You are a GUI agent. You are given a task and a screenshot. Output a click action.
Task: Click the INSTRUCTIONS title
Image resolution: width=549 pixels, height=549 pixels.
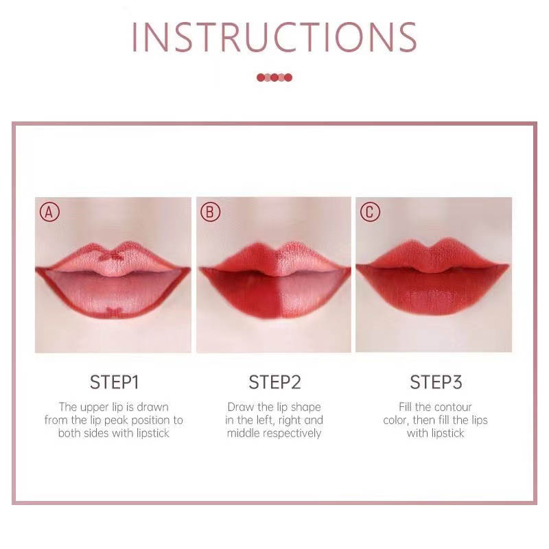tap(274, 37)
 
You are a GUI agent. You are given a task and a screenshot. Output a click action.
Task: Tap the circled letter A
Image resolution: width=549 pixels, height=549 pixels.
tap(49, 212)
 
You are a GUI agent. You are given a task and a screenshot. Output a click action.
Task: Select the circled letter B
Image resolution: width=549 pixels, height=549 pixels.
tap(210, 212)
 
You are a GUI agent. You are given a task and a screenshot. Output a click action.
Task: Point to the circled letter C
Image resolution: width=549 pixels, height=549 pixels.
tap(370, 212)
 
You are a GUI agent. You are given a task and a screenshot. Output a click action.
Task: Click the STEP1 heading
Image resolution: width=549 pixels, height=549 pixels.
tap(114, 382)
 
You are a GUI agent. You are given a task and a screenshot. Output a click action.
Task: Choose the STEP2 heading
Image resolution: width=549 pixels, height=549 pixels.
tap(274, 382)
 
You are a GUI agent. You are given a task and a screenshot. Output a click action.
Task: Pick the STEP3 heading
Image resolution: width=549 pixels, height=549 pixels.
tap(436, 382)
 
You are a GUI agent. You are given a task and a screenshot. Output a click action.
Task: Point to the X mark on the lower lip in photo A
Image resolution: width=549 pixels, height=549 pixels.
tap(113, 312)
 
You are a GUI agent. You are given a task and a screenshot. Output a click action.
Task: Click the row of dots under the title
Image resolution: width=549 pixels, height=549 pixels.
tap(274, 78)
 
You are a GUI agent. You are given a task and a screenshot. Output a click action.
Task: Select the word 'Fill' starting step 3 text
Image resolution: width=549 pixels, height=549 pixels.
tap(406, 407)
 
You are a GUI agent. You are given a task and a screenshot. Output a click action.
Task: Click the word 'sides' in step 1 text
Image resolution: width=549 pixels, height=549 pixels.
tap(96, 434)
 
